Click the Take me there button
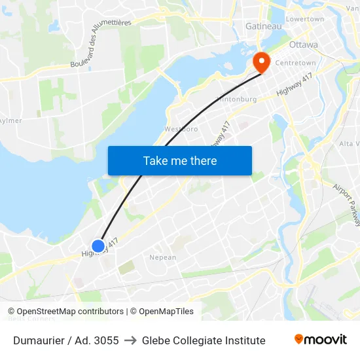[x=179, y=160]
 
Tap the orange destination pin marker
[x=262, y=62]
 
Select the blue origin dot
[x=98, y=246]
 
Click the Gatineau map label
[x=263, y=26]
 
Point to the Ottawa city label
[x=303, y=45]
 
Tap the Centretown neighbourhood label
[x=295, y=63]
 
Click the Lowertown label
[x=305, y=19]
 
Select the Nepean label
[x=163, y=257]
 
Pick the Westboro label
[x=181, y=129]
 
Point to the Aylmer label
[x=10, y=120]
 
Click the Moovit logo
[x=321, y=340]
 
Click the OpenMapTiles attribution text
[x=166, y=312]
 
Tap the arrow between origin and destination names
[x=130, y=340]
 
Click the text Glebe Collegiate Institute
[x=204, y=340]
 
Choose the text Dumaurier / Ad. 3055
[x=66, y=340]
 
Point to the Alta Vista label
[x=348, y=143]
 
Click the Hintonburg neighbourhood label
[x=236, y=99]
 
